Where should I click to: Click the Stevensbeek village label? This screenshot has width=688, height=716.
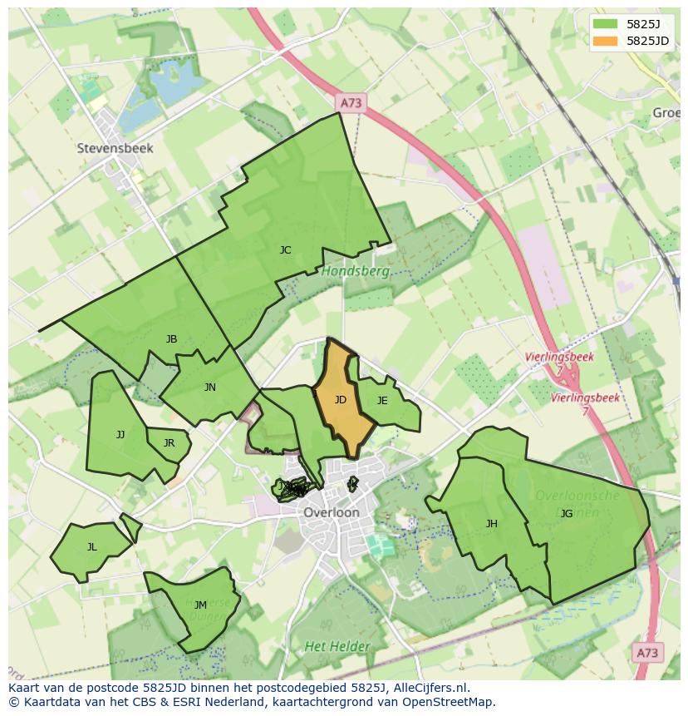click(115, 148)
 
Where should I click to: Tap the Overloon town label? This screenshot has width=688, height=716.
click(332, 512)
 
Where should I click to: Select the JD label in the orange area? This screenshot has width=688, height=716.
click(341, 400)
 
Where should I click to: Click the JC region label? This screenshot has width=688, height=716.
click(285, 249)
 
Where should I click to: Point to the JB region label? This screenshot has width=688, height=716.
click(171, 338)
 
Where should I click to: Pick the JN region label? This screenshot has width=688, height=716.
click(210, 387)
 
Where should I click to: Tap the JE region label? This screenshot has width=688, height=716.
click(382, 400)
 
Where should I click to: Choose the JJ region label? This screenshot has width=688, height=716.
click(120, 434)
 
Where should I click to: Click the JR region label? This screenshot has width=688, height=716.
click(169, 442)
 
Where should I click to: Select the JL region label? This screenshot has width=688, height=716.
click(91, 546)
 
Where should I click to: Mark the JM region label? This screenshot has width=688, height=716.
click(200, 605)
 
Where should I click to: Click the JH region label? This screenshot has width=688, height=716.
click(492, 523)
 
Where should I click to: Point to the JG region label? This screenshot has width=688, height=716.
click(567, 513)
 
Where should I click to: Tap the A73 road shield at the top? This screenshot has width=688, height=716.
click(351, 102)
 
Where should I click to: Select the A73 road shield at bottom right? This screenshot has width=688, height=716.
click(648, 653)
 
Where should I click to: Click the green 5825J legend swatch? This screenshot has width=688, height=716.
click(606, 23)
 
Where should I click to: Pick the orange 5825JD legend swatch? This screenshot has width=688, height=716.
click(606, 40)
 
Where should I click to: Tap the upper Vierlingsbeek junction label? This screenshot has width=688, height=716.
click(559, 357)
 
